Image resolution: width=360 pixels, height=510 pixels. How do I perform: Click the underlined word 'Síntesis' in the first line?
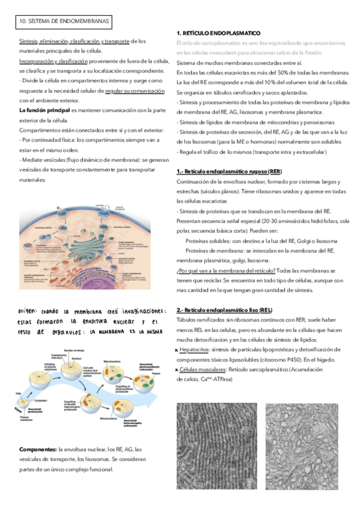(x=28, y=41)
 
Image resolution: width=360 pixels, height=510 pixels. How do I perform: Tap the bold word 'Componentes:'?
(x=38, y=449)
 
